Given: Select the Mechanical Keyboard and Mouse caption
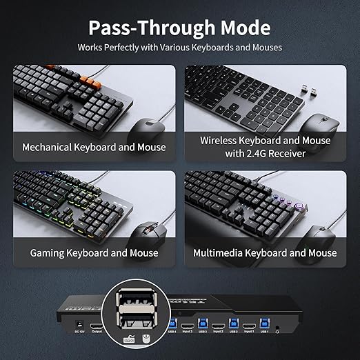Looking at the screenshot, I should [x=94, y=147].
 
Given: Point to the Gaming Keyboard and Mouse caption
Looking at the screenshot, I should [x=94, y=252].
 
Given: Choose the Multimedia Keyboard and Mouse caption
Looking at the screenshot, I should [x=265, y=252].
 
